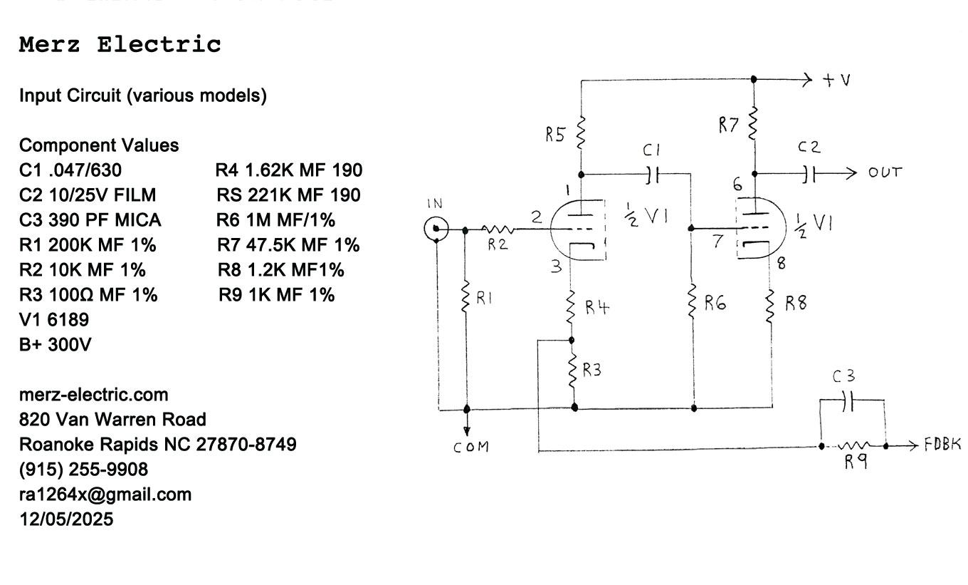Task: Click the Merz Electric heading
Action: (x=120, y=45)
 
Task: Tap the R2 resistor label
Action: (x=499, y=244)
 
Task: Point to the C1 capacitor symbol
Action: (x=653, y=173)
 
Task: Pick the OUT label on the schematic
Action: (x=885, y=172)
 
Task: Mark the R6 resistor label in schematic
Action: (x=715, y=304)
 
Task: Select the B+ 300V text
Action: (x=56, y=344)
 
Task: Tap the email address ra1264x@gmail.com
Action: (x=105, y=495)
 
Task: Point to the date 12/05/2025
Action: (x=66, y=519)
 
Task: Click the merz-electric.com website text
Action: (x=94, y=394)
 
